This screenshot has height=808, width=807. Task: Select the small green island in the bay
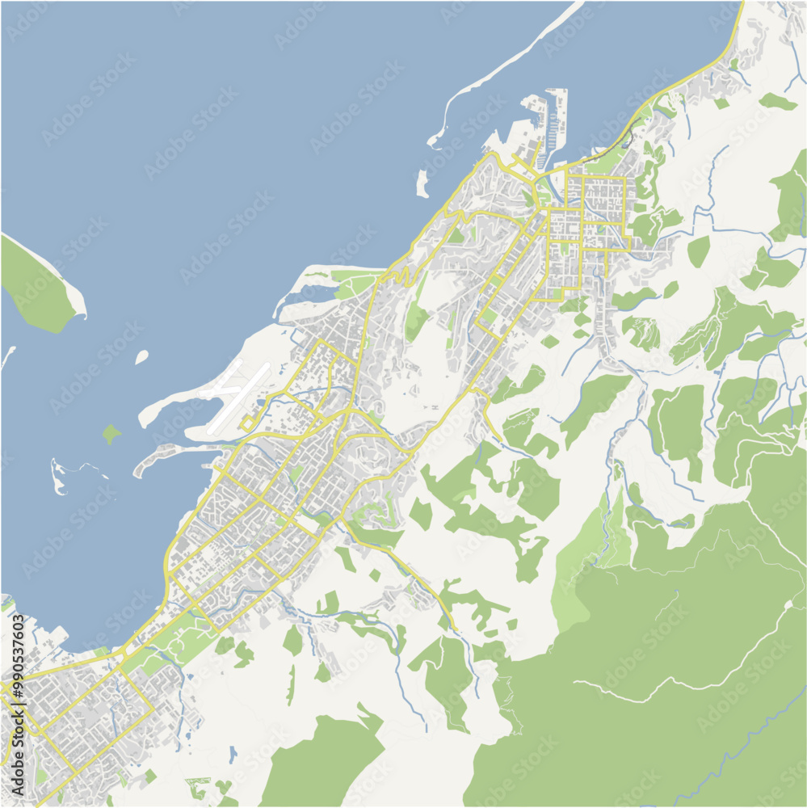[x=111, y=434]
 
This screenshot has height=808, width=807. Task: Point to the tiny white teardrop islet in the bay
[x=142, y=356]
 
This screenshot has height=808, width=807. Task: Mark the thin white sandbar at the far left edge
[x=7, y=356]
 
